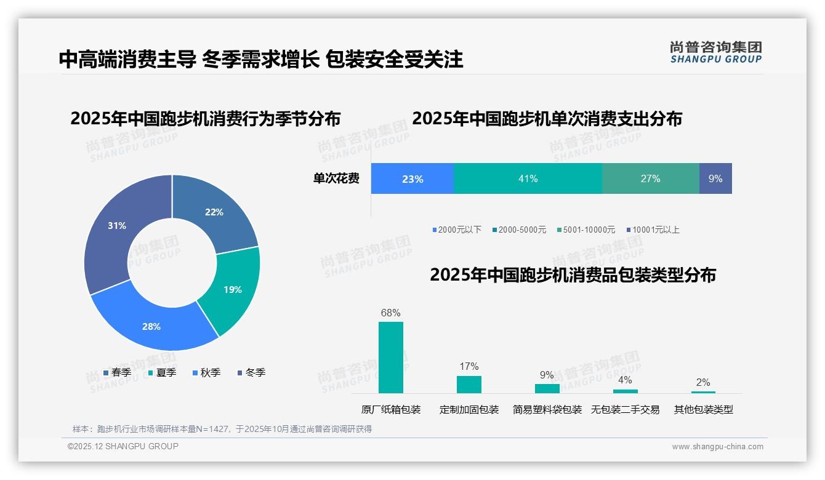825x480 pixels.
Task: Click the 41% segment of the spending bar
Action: (528, 178)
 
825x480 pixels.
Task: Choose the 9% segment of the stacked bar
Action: (715, 178)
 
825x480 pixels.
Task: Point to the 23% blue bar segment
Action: (412, 178)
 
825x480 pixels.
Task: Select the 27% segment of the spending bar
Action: (650, 178)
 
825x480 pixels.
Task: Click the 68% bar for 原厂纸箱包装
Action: (390, 357)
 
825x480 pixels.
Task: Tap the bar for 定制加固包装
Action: (469, 384)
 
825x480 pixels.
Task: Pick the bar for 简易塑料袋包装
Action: (547, 388)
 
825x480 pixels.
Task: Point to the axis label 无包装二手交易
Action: (625, 409)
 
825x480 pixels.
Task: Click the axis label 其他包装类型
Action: (703, 409)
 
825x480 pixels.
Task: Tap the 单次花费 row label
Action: (336, 178)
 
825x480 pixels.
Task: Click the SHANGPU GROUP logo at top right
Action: (715, 52)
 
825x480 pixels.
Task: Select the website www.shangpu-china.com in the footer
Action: (717, 446)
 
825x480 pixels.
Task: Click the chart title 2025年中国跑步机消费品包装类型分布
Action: (573, 274)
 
